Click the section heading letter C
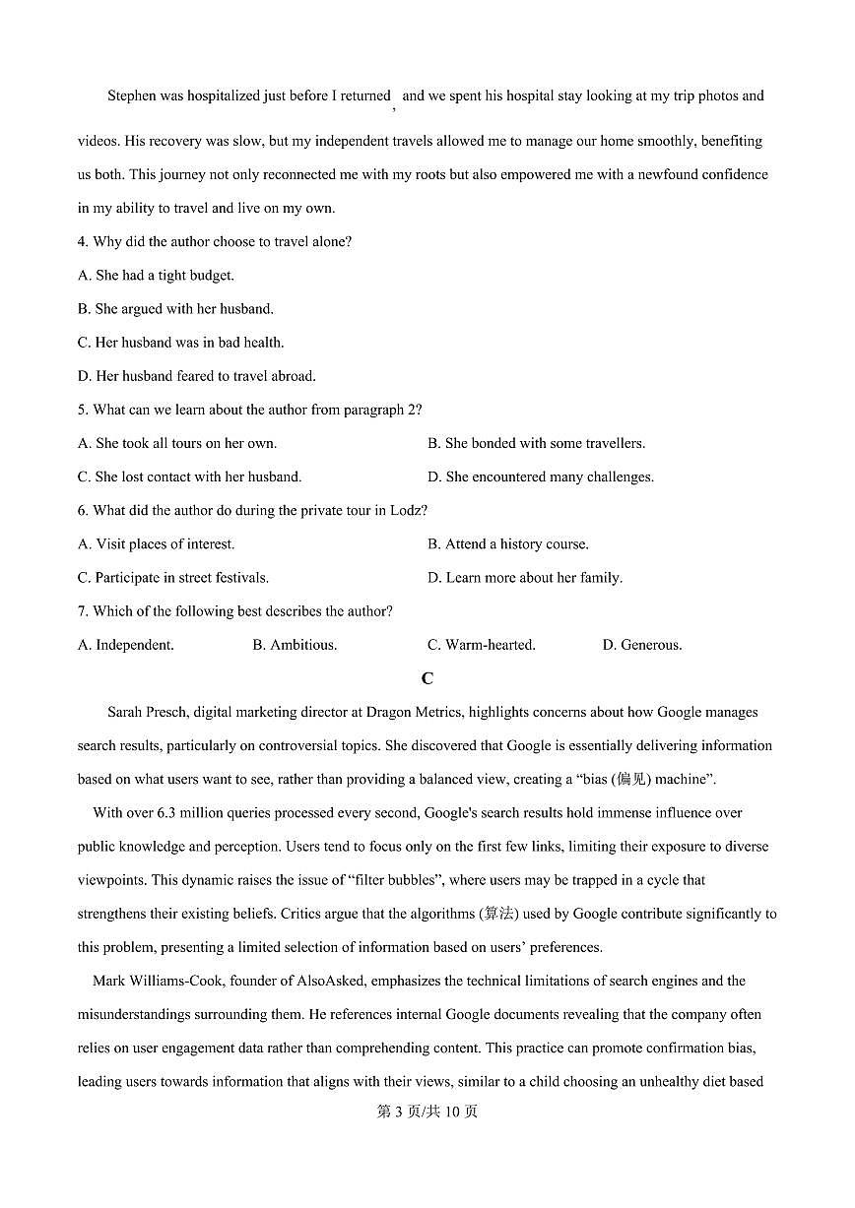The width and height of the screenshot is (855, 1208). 427,678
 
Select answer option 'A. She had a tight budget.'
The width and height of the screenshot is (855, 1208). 156,276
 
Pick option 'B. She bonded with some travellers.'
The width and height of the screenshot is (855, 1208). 536,443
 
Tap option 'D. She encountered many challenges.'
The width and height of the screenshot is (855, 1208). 540,477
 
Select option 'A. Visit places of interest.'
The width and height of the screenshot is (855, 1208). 156,543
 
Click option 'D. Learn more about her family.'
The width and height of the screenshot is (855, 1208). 524,578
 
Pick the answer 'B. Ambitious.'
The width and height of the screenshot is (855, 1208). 295,645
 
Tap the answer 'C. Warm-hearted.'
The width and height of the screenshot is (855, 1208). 481,645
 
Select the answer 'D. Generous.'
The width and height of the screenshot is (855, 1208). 641,645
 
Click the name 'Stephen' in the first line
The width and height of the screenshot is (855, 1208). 132,96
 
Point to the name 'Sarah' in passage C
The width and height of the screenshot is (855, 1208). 125,712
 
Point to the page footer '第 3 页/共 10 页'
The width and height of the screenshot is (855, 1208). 427,1112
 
